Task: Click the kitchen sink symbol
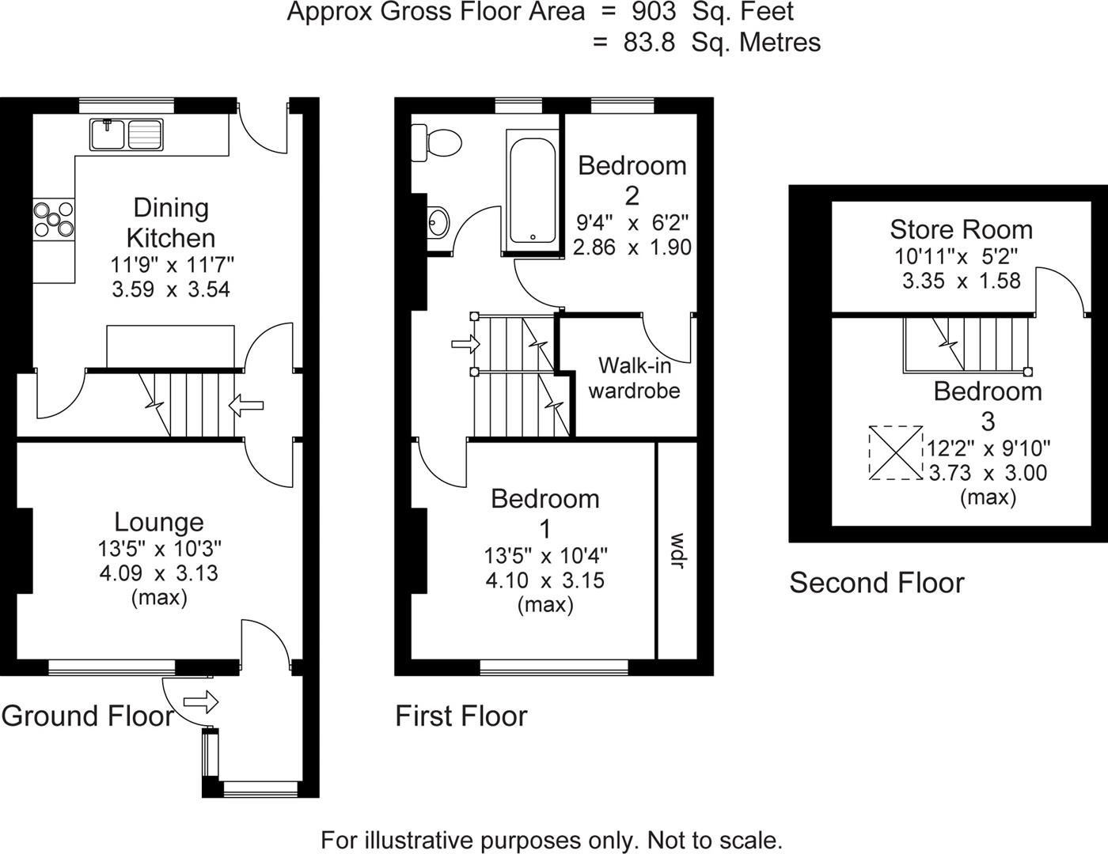[126, 133]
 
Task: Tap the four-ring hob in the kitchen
[54, 219]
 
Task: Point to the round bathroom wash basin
[437, 221]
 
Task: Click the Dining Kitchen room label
[171, 222]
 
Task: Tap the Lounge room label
[159, 522]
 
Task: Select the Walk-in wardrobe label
[634, 377]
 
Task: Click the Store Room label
[961, 229]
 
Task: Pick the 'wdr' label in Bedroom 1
[677, 550]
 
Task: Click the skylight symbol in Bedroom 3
[896, 452]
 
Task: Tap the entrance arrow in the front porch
[200, 701]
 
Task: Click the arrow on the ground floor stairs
[246, 406]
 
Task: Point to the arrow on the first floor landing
[465, 344]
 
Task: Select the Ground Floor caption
[87, 716]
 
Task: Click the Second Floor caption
[877, 583]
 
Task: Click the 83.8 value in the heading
[649, 42]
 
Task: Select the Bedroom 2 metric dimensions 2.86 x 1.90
[632, 247]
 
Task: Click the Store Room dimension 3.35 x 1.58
[961, 281]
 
